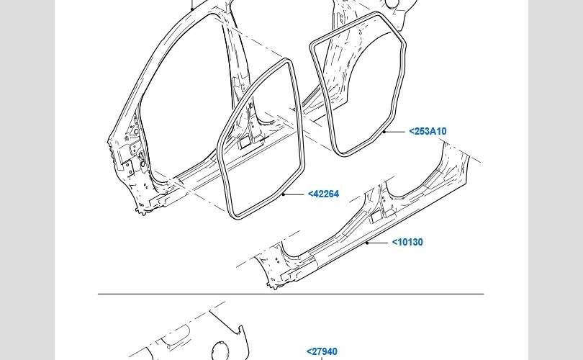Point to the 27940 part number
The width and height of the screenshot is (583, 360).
(322, 352)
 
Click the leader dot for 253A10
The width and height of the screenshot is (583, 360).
(385, 132)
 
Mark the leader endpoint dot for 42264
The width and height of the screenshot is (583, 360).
(284, 194)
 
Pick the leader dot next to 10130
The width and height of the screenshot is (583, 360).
(367, 243)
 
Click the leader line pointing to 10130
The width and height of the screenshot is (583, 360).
(379, 243)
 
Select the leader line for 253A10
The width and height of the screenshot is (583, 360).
(395, 132)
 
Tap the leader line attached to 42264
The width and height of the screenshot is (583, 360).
(294, 194)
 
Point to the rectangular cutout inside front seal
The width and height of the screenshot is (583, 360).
(245, 144)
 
